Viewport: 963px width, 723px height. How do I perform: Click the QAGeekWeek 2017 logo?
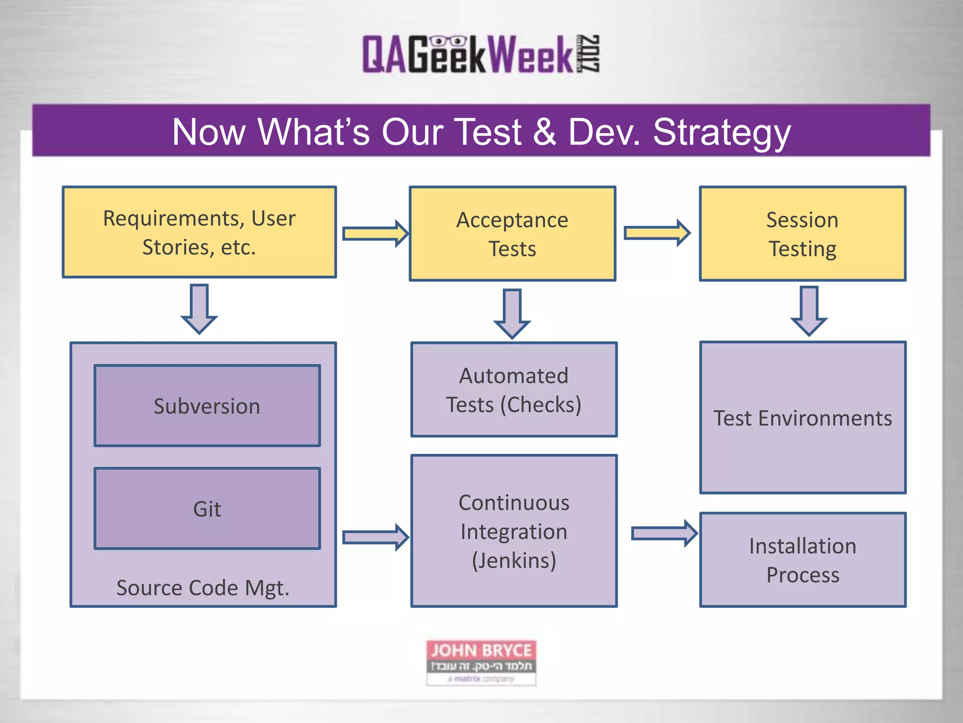(481, 54)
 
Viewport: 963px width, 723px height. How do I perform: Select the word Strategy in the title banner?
(721, 132)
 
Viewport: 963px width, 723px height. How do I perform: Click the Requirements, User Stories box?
(199, 232)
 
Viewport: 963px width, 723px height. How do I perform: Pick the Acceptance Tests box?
(512, 234)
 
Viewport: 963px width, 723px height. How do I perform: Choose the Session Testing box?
(802, 234)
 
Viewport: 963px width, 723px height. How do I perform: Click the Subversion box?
(207, 406)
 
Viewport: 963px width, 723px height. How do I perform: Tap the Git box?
(207, 508)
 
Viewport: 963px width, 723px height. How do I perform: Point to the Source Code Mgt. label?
(203, 587)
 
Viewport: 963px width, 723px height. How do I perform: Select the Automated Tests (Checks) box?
(513, 390)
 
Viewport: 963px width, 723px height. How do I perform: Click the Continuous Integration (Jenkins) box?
(513, 531)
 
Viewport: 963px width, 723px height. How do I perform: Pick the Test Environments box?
(802, 418)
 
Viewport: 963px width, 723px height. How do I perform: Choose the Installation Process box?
(802, 560)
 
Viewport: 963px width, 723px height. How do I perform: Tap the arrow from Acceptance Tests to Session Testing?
(656, 233)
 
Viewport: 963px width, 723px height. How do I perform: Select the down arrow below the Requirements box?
(199, 309)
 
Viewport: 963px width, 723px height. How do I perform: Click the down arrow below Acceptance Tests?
(512, 313)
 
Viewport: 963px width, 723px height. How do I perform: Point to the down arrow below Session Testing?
(809, 311)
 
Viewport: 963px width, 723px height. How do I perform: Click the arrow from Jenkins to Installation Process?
(663, 533)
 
